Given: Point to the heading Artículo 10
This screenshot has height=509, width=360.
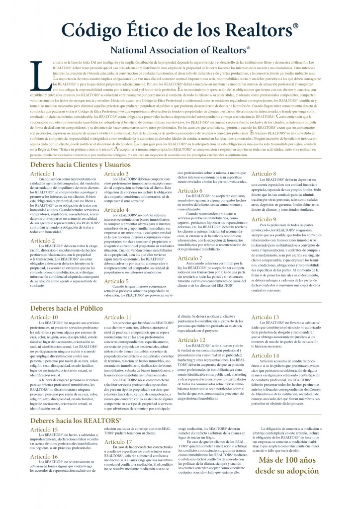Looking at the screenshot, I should click(44, 317).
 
